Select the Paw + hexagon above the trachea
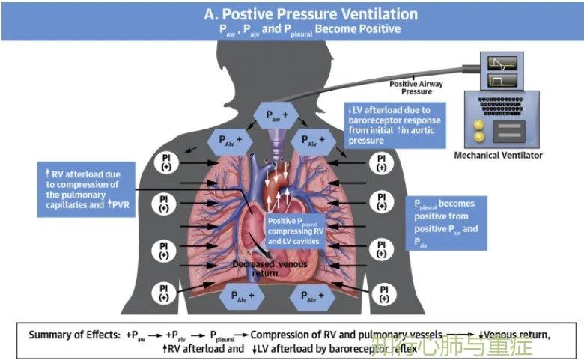(x=276, y=115)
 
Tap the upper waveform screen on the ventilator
(x=502, y=64)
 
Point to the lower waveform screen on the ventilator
(x=502, y=80)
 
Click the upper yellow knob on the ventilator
(x=478, y=125)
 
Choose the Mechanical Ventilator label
(x=498, y=155)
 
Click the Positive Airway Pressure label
(x=416, y=88)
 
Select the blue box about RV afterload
(x=86, y=189)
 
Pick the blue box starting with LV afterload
(x=395, y=126)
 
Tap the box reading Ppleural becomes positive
(x=446, y=223)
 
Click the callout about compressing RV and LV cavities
(x=296, y=231)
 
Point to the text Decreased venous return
(x=270, y=269)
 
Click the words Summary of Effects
(x=74, y=335)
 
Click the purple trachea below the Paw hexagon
(x=276, y=144)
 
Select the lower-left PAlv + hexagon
(x=242, y=296)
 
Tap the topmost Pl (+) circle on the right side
(x=381, y=163)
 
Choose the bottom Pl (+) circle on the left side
(x=164, y=293)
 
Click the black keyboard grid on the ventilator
(x=502, y=106)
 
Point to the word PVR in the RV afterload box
(x=121, y=204)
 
